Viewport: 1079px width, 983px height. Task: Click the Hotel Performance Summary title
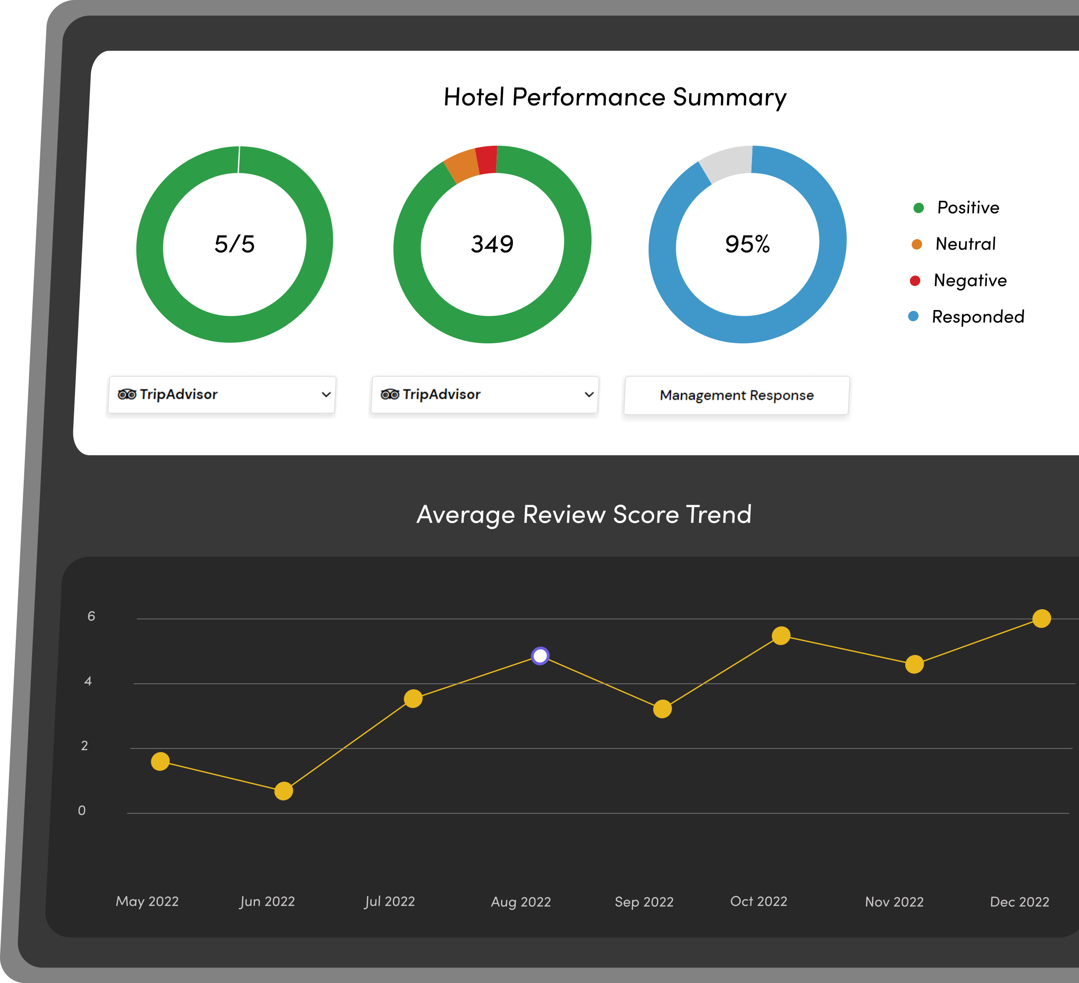615,98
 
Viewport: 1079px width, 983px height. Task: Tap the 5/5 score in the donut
235,244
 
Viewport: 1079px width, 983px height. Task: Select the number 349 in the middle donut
492,244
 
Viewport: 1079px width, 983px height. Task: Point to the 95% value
747,244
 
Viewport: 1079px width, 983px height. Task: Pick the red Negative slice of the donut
487,160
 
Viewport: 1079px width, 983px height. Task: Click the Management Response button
737,395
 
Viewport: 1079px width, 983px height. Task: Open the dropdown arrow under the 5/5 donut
326,395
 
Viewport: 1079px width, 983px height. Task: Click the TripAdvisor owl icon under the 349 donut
390,395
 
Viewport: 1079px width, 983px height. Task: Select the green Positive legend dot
919,208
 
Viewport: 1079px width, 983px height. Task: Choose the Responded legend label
978,316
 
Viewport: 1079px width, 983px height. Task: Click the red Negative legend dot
915,280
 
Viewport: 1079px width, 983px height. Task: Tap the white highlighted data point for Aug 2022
540,655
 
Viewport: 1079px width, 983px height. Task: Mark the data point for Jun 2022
284,791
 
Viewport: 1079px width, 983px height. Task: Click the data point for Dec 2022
1042,618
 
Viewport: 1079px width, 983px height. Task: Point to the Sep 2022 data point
662,709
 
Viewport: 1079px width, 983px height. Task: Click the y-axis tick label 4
88,681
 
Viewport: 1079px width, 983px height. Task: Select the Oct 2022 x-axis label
758,902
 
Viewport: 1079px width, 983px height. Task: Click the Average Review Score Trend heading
584,515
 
